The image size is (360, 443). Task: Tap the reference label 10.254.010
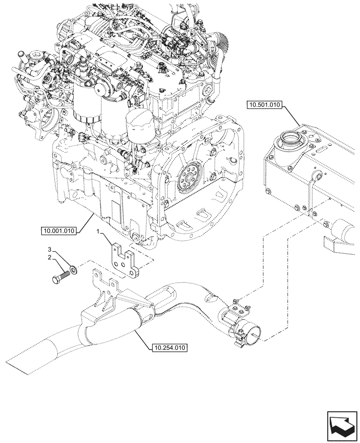[169, 348]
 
